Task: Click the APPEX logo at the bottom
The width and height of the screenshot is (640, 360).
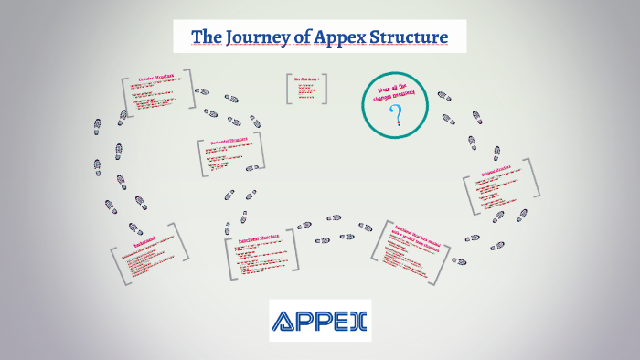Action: click(x=320, y=321)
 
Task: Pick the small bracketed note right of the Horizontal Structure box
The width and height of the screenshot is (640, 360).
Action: click(x=307, y=89)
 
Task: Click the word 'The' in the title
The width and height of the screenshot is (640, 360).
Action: click(x=205, y=37)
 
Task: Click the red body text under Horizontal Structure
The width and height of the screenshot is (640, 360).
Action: click(x=227, y=158)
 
